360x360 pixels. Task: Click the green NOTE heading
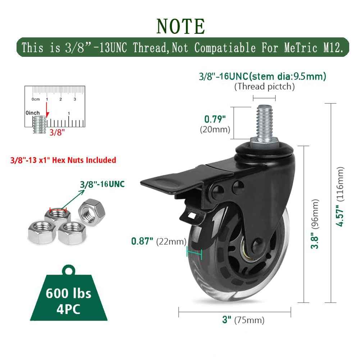181,26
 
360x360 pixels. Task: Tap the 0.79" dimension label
215,118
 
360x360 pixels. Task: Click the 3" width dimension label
227,320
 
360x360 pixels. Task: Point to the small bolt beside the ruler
39,124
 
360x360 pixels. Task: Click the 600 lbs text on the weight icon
68,293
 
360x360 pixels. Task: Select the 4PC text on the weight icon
68,309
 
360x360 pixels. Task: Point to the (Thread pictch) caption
264,86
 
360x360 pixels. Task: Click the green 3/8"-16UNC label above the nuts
102,184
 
